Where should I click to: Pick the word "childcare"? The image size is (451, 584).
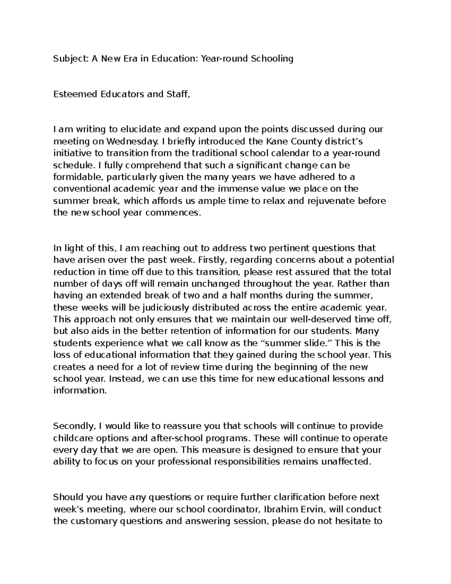click(x=72, y=438)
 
